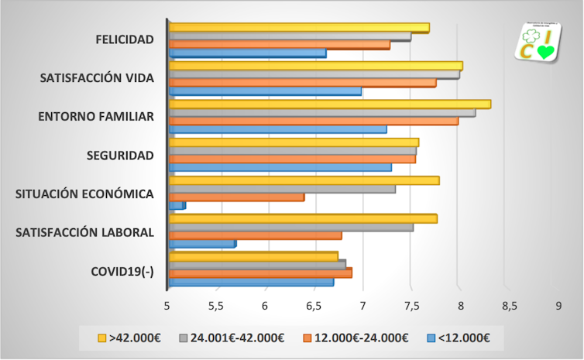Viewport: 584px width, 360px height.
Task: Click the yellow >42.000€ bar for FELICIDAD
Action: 298,28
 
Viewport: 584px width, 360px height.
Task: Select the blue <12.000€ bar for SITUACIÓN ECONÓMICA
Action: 177,205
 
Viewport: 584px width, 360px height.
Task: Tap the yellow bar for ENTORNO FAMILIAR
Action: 329,104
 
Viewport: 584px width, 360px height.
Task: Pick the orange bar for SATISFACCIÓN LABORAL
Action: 255,235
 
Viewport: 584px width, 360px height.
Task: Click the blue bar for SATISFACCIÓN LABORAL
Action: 202,244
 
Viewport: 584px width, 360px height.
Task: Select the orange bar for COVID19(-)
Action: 260,273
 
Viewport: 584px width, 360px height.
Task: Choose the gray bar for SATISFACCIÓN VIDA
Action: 314,74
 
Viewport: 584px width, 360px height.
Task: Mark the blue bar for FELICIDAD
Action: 247,53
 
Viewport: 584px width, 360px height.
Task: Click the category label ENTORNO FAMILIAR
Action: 96,117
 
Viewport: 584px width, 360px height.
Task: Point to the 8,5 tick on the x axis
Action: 510,306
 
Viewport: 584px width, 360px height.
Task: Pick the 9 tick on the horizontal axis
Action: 558,306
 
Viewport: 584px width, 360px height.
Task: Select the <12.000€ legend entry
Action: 459,338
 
